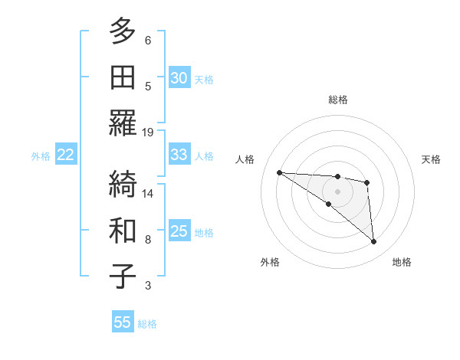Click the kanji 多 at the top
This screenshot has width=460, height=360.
coord(123,31)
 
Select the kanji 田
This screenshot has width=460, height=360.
coord(123,77)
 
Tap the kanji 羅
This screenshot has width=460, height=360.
coord(123,123)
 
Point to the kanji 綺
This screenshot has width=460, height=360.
coord(123,185)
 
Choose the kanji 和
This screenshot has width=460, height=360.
coord(123,231)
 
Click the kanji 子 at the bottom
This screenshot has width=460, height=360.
coord(123,277)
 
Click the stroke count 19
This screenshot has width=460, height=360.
coord(148,132)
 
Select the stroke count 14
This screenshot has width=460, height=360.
coord(148,193)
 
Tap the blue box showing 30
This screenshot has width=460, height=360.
coord(179,78)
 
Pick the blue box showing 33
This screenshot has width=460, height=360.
coord(179,155)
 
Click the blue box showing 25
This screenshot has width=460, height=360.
coord(179,231)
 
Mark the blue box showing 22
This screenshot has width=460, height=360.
coord(66,155)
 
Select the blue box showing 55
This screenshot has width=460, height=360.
coord(123,322)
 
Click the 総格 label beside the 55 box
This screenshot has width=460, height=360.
coord(148,324)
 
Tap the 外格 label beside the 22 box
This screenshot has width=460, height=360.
coord(41,156)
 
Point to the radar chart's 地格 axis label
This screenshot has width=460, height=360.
coord(402,263)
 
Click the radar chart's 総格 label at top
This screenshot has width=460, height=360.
coord(338,100)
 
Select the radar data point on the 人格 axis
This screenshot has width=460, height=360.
coord(279,172)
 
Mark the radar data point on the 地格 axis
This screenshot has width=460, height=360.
coord(374,242)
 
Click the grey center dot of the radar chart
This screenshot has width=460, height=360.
coord(338,191)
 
